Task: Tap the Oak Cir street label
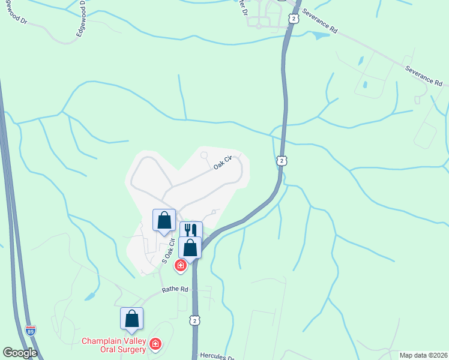223,163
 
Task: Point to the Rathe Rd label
175,289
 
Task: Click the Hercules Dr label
216,356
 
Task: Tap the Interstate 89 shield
31,330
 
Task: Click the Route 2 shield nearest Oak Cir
281,160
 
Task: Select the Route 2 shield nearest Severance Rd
293,19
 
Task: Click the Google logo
20,353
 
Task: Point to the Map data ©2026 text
423,355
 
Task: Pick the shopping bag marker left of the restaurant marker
164,220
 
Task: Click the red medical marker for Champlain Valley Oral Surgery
155,344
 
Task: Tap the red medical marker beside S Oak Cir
180,265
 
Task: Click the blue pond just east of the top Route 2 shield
321,35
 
